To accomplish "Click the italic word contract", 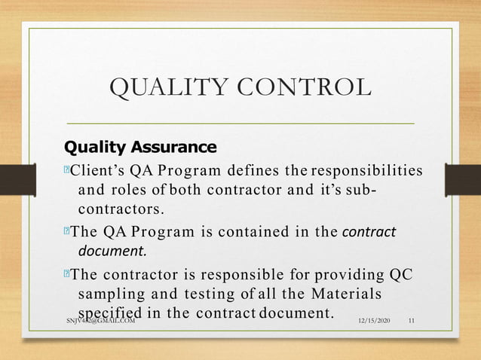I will [369, 231].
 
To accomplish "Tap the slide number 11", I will [412, 322].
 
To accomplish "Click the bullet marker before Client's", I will [66, 171].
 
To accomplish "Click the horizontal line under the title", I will [241, 122].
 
